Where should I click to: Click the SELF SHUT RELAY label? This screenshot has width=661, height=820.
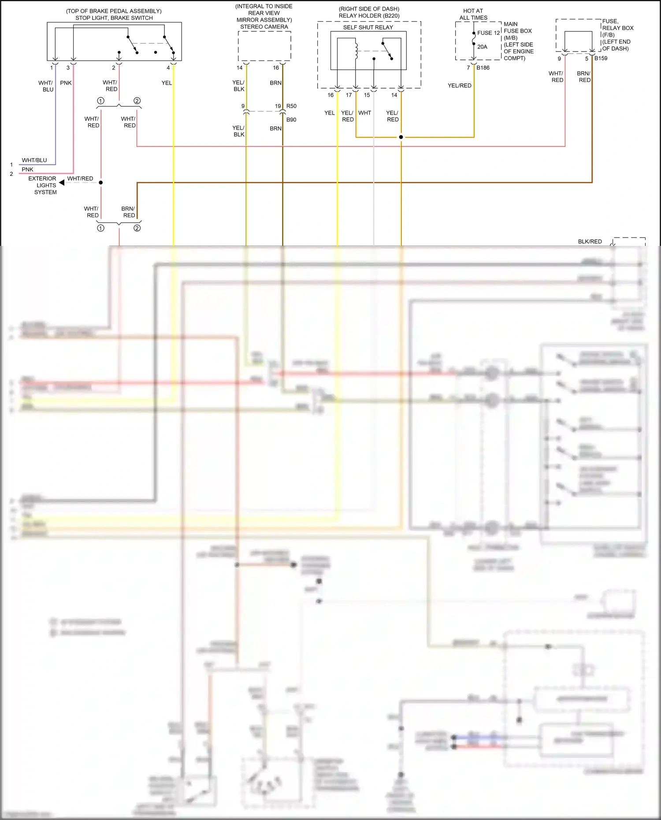pos(368,27)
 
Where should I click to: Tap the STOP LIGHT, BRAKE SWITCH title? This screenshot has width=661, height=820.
pos(114,18)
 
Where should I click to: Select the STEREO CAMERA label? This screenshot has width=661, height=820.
pos(264,27)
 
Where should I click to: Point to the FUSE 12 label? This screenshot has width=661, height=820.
pos(488,33)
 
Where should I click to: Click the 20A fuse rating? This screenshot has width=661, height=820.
pos(482,47)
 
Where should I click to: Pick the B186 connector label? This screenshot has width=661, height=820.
pos(483,68)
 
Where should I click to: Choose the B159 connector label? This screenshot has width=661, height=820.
pos(601,58)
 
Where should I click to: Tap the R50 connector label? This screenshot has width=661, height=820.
pos(291,106)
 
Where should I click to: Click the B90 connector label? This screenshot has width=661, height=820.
pos(291,120)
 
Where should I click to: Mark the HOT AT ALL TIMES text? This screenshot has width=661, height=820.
pos(473,15)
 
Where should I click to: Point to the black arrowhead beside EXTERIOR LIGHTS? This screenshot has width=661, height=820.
pos(62,182)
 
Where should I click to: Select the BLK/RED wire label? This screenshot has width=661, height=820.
pos(590,241)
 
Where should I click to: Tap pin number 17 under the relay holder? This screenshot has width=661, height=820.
pos(349,95)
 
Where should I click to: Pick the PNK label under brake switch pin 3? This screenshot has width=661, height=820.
pos(66,83)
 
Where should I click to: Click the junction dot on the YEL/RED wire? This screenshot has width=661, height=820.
pos(401,137)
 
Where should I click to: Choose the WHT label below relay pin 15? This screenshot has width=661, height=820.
pos(364,113)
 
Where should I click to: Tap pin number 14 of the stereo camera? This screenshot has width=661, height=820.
pos(239,68)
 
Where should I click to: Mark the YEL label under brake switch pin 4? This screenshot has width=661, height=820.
pos(167,83)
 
